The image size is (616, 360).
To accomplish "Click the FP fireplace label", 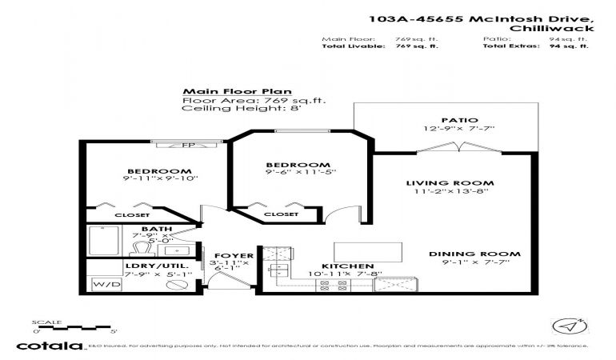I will click(x=187, y=145).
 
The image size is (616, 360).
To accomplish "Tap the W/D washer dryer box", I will click(x=102, y=284).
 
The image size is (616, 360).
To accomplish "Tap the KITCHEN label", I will click(x=348, y=265).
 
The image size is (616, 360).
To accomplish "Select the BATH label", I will click(x=156, y=229).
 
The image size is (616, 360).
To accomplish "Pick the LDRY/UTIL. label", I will click(x=144, y=265).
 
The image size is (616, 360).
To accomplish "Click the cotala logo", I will click(x=50, y=346).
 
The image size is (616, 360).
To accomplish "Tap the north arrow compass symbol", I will click(x=566, y=326).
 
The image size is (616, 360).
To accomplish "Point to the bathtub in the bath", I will click(x=103, y=240).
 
